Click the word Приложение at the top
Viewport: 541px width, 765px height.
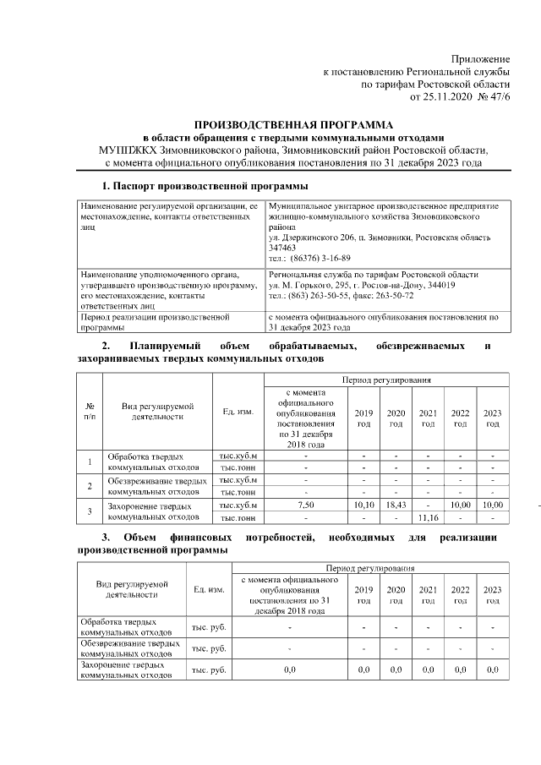coord(481,59)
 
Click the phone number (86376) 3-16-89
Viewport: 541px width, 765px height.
coord(318,258)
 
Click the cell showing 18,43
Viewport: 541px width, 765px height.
coord(396,505)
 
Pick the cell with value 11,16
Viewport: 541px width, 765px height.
coord(428,516)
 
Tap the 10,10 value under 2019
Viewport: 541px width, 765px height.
coord(363,505)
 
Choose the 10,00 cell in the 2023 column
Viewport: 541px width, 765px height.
coord(492,505)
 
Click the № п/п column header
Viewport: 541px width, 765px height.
coord(90,412)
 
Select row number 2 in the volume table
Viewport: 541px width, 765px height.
coord(90,486)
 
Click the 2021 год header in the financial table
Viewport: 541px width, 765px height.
coord(428,595)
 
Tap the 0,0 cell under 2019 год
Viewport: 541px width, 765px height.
coord(363,669)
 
